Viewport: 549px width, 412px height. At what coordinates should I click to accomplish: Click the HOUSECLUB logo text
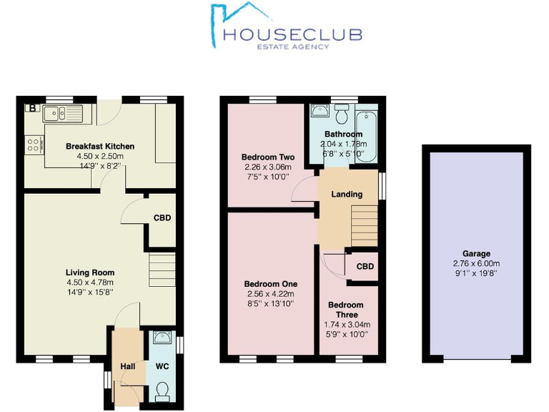[292, 34]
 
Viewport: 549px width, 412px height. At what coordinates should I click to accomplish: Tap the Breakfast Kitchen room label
[100, 147]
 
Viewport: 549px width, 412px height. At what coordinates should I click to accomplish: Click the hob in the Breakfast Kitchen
[33, 146]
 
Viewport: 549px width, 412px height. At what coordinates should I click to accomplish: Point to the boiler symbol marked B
[32, 109]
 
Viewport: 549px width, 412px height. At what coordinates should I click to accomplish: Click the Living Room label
[90, 273]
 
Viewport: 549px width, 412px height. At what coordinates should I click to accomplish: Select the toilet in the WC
[162, 390]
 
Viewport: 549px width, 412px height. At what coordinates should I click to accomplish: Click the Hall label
[128, 366]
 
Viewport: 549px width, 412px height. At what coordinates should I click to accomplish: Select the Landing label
[347, 194]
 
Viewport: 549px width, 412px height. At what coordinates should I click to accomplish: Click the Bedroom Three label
[346, 310]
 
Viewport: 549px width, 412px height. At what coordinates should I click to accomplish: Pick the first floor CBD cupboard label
[365, 267]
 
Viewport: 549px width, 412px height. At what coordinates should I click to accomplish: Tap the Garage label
[476, 253]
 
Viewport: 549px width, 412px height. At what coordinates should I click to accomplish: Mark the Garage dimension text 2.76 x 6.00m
[476, 263]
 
